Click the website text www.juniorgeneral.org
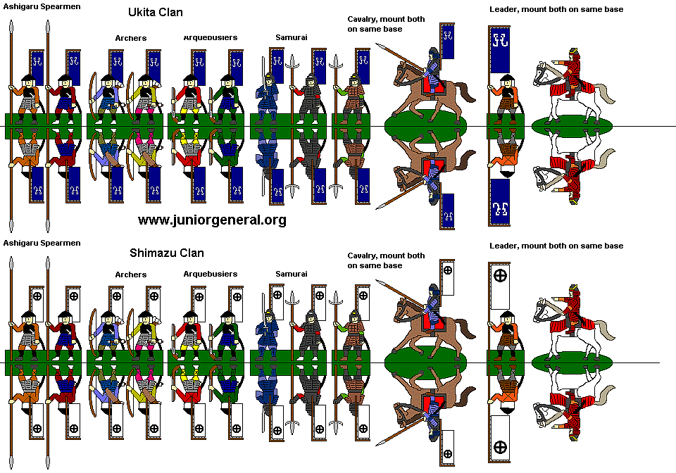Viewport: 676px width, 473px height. click(212, 220)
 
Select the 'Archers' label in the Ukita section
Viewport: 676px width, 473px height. click(131, 38)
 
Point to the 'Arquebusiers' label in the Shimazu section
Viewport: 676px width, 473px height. click(210, 274)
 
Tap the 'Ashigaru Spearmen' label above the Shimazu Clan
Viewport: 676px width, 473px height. click(42, 243)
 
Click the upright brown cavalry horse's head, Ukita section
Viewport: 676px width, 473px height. click(402, 70)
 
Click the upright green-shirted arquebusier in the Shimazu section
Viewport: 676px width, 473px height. click(227, 329)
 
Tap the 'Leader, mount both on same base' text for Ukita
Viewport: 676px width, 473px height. click(556, 9)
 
